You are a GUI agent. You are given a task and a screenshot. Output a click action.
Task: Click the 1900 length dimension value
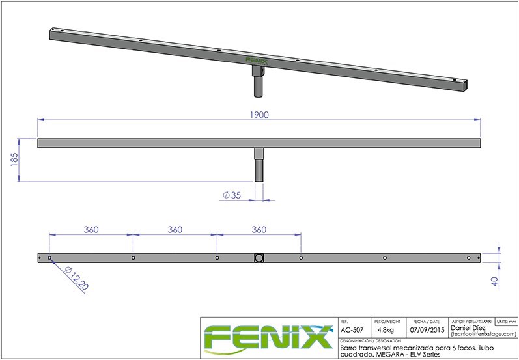(x=259, y=114)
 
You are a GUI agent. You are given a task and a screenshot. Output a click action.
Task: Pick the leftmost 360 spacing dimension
(x=91, y=229)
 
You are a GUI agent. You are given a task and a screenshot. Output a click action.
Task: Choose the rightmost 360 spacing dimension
(x=259, y=229)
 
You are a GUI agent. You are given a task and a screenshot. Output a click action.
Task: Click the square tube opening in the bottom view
(x=259, y=258)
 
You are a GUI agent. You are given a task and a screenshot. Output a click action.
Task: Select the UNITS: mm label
(x=506, y=322)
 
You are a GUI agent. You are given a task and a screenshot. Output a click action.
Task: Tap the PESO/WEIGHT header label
(x=386, y=322)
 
